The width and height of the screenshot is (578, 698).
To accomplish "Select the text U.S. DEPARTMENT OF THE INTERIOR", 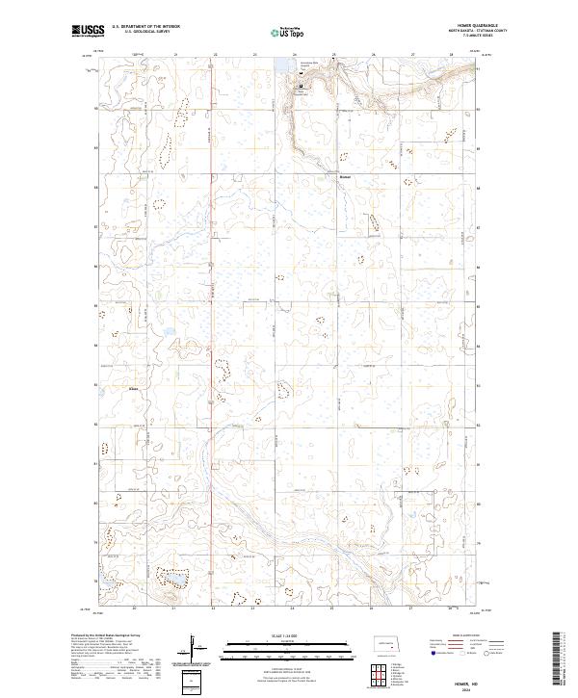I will pos(145,27).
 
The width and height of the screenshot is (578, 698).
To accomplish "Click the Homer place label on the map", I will pos(347,177).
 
